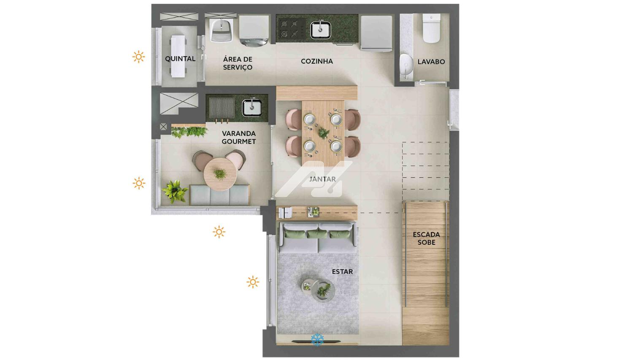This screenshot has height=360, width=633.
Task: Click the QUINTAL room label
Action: click(x=180, y=59)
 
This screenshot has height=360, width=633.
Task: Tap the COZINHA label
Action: click(x=317, y=61)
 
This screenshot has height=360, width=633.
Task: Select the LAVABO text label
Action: click(x=431, y=62)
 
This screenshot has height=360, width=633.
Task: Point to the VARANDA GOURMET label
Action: click(x=239, y=137)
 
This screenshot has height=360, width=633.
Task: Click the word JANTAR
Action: click(x=322, y=179)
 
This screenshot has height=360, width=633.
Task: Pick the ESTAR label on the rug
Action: click(x=342, y=272)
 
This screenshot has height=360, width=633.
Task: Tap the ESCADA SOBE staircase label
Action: click(x=426, y=238)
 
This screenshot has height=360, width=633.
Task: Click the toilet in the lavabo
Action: click(x=431, y=28)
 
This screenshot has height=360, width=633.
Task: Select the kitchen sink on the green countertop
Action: click(x=320, y=30)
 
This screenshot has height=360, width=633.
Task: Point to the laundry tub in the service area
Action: click(x=221, y=30)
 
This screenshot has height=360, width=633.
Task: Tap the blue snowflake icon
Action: click(x=317, y=340)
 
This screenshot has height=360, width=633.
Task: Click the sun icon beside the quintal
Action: click(x=138, y=57)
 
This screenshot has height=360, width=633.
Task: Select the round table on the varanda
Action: click(x=220, y=174)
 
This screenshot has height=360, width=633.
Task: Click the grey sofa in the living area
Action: click(x=318, y=237)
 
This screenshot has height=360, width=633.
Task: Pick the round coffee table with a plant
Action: click(x=323, y=291)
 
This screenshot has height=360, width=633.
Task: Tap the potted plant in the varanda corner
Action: click(x=175, y=191)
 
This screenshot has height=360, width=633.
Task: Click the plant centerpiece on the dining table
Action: click(x=323, y=132)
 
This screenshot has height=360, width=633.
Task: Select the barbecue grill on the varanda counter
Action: click(x=222, y=108)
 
